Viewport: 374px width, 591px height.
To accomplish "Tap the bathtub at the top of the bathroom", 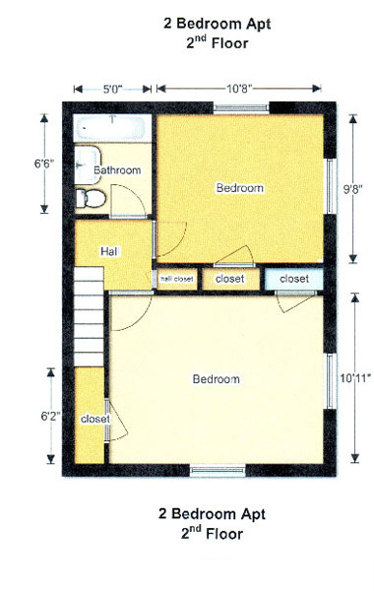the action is coord(111,128).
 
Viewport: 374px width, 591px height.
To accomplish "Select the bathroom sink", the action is coord(88,165).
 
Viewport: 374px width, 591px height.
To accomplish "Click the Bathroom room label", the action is coord(117,170).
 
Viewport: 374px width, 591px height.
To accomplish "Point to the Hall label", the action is coord(109,251).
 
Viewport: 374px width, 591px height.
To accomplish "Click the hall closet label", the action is coord(176,279).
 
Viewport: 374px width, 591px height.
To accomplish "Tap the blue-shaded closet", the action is coord(293,279).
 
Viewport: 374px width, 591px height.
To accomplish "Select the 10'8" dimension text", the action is coord(239,89).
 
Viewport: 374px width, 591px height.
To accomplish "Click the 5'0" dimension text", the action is coord(113,89).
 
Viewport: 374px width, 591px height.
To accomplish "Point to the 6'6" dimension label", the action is coord(44,164).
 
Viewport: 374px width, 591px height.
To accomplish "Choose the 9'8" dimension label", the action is coord(352,189).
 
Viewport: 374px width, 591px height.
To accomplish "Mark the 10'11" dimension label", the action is coord(355,377).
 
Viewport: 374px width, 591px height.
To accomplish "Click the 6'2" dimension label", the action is coord(51,416).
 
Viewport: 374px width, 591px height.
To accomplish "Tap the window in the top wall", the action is coord(241,108).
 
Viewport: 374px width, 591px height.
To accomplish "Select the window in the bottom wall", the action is coord(218,471).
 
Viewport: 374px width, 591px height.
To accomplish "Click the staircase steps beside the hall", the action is coord(89,316).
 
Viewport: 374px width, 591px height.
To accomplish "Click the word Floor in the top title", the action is coord(229,43).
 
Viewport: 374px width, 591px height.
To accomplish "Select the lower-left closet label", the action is coord(95,419).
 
